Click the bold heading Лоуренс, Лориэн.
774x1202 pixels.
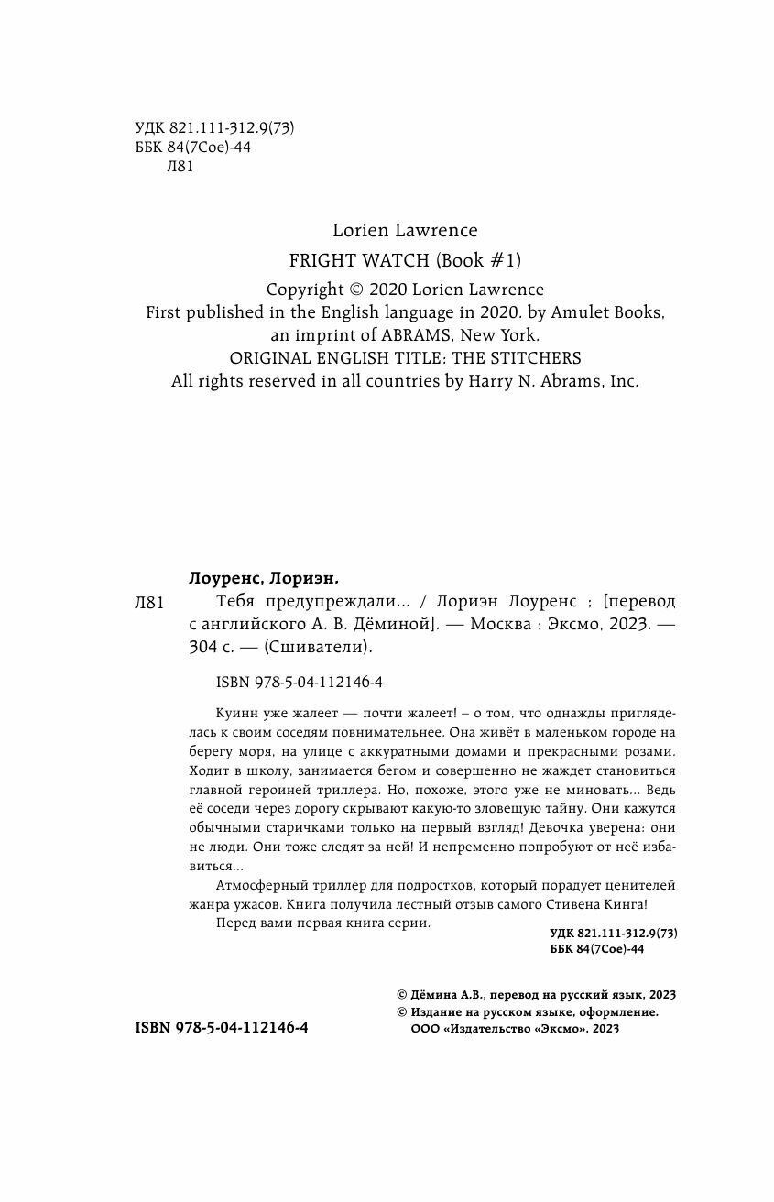point(263,578)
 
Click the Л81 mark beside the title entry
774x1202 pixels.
point(148,602)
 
